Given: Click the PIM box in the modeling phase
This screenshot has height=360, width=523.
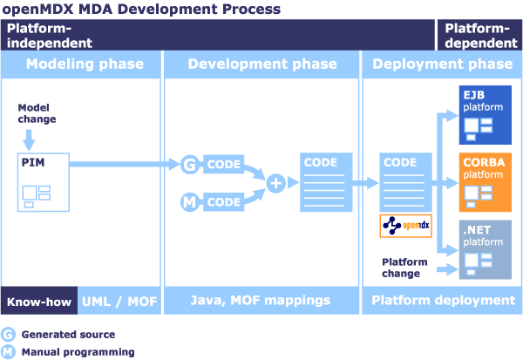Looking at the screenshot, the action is point(44,182).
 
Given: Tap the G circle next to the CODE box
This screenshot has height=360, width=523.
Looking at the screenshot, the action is point(190,164).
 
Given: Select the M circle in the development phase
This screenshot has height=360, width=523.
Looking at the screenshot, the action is point(189,202).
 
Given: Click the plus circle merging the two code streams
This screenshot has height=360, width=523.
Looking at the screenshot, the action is point(275,183).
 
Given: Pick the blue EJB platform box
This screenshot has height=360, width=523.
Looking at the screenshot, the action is point(486,115).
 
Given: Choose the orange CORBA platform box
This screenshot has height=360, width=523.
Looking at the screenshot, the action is point(486,182).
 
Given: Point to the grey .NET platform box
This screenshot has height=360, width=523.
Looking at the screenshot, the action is point(486,249).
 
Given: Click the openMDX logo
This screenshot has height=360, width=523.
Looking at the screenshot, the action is point(406,226).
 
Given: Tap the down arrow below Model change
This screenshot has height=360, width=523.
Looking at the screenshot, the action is point(29,140).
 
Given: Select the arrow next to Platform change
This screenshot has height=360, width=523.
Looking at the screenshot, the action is point(447,269).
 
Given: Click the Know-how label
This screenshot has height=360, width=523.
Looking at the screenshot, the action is point(39,302).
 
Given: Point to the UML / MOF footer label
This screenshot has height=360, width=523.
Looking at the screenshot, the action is point(119,302).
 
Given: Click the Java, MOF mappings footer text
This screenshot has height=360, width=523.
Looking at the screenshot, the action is point(261,300).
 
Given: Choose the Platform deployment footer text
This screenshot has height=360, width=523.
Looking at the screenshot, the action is point(444,300).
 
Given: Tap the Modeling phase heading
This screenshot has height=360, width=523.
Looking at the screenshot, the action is point(85,64).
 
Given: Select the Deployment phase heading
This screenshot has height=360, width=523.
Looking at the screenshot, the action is point(442,64).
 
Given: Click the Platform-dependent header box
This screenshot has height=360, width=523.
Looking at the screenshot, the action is point(479,35).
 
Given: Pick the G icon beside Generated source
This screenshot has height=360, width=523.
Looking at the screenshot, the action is point(8,335).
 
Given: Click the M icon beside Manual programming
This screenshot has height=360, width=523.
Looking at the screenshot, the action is point(8,351).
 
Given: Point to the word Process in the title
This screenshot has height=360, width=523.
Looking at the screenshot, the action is point(252,9).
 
